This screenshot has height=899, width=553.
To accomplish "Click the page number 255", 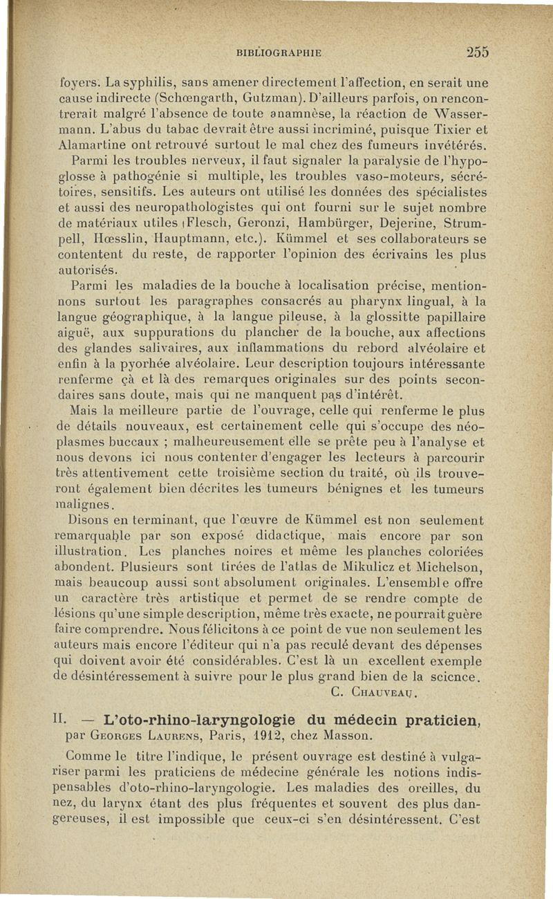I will pos(478,52).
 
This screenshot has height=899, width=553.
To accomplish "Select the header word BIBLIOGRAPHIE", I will pos(280,53).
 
